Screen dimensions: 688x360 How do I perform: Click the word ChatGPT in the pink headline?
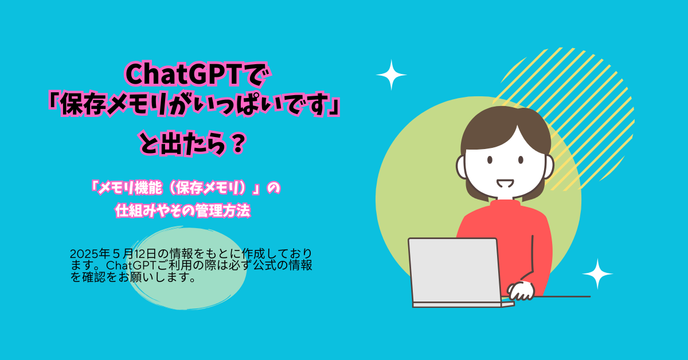[x=182, y=75]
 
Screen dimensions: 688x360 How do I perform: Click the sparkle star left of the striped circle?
[x=391, y=75]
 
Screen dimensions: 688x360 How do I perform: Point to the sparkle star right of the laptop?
[x=597, y=273]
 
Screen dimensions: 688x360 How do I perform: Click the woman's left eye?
[x=490, y=160]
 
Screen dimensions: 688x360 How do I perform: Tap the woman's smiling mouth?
[x=505, y=183]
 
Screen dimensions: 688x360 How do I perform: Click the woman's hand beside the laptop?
[x=521, y=291]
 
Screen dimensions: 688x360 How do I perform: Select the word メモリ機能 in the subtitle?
[x=130, y=188]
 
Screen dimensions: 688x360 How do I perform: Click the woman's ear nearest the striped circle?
[x=549, y=166]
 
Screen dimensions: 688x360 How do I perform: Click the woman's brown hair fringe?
[x=505, y=129]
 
